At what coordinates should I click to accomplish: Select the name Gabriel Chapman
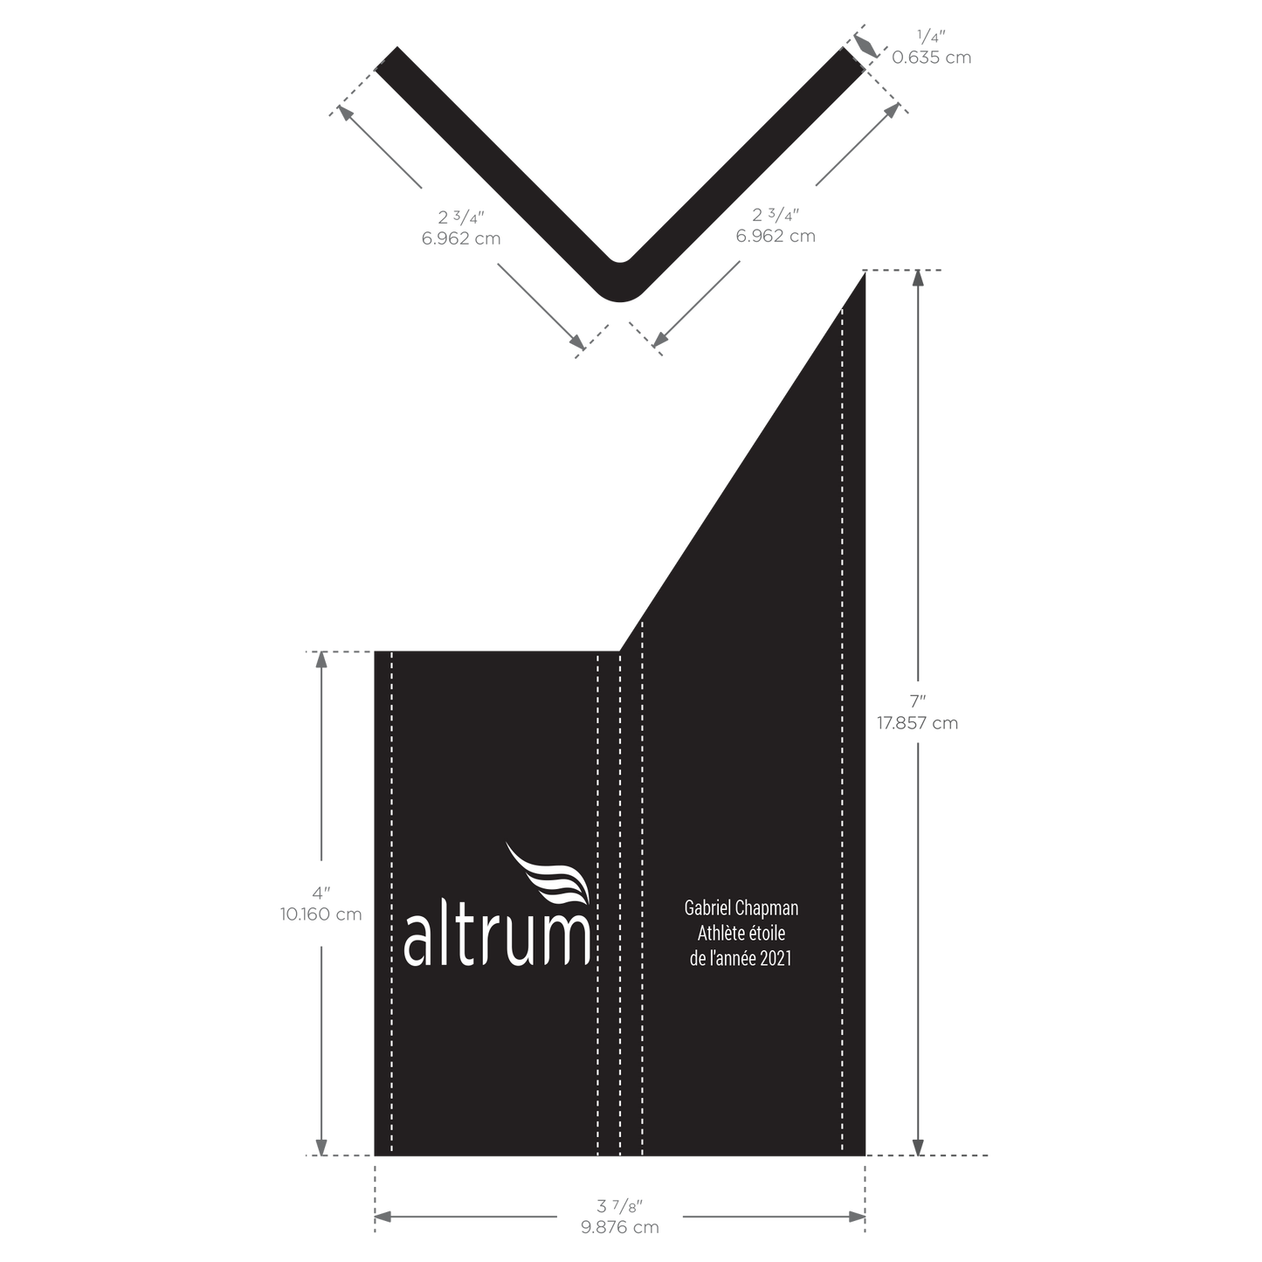[x=741, y=907]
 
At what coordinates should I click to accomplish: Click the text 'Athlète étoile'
[x=741, y=933]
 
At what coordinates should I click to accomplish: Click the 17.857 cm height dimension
[x=918, y=723]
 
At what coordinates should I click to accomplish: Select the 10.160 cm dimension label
[x=321, y=914]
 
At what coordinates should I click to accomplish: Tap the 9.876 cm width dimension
[x=619, y=1227]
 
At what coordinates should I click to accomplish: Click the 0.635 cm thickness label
[x=931, y=58]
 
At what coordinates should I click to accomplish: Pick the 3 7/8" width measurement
[x=619, y=1205]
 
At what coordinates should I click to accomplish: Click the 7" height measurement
[x=918, y=701]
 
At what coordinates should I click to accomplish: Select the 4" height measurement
[x=321, y=892]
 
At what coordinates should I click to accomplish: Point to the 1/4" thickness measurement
[x=931, y=37]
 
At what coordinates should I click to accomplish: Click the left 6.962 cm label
[x=461, y=238]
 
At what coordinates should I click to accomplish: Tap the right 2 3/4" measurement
[x=776, y=215]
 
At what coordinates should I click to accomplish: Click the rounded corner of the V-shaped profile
[x=619, y=288]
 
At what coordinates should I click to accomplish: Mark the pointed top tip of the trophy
[x=865, y=272]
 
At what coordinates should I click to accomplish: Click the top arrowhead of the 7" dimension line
[x=918, y=278]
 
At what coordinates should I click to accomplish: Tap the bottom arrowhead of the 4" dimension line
[x=321, y=1147]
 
